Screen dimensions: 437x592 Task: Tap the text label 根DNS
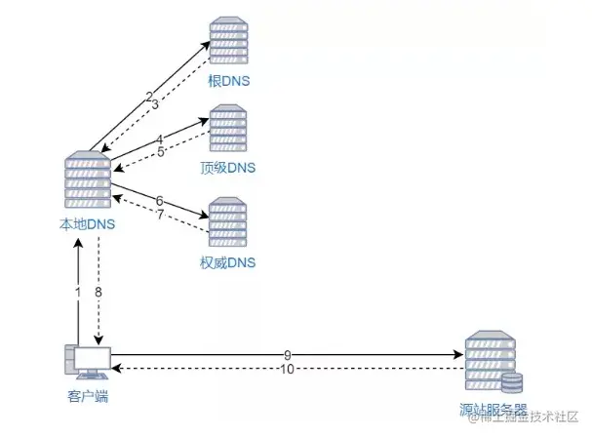pyautogui.click(x=229, y=82)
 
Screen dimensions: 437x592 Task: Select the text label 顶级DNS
pyautogui.click(x=227, y=168)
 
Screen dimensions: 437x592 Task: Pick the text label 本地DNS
pyautogui.click(x=87, y=224)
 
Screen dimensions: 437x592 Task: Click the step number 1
pyautogui.click(x=77, y=292)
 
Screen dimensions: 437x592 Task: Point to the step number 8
pyautogui.click(x=99, y=292)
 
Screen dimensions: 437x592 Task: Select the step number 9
pyautogui.click(x=288, y=354)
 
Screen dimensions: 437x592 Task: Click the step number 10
pyautogui.click(x=286, y=369)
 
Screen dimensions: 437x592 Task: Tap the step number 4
pyautogui.click(x=159, y=139)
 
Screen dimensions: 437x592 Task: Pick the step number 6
pyautogui.click(x=159, y=201)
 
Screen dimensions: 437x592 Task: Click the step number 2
pyautogui.click(x=148, y=96)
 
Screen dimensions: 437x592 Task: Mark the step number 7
pyautogui.click(x=160, y=214)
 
